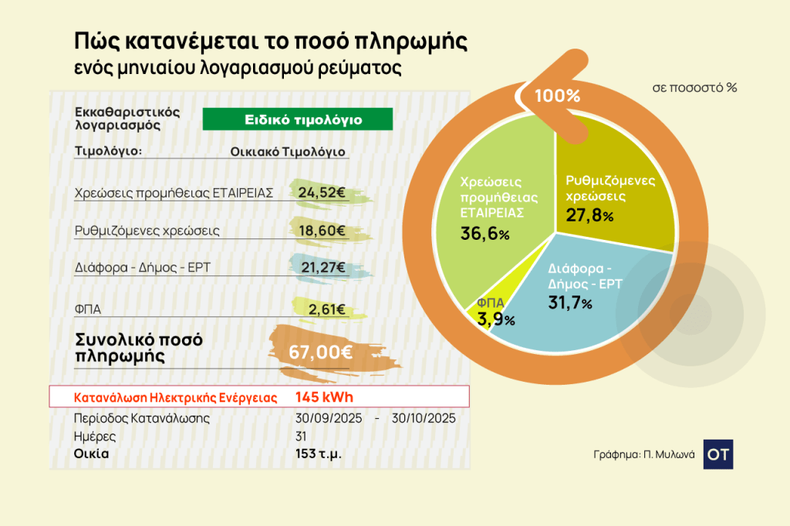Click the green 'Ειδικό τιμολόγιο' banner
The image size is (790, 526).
click(x=297, y=120)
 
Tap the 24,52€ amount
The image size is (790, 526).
click(x=320, y=193)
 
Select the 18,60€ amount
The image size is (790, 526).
click(x=320, y=230)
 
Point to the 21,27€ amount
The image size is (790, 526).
click(x=320, y=268)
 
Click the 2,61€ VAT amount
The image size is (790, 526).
click(x=326, y=309)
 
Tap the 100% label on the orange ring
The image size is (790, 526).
click(x=557, y=96)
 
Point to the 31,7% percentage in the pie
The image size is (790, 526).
click(x=569, y=303)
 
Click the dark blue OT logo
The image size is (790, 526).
click(x=718, y=454)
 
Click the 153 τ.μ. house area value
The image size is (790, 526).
click(x=318, y=454)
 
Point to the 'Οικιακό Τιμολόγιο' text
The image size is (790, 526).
click(x=287, y=151)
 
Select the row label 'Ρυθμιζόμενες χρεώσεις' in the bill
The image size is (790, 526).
click(x=147, y=231)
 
